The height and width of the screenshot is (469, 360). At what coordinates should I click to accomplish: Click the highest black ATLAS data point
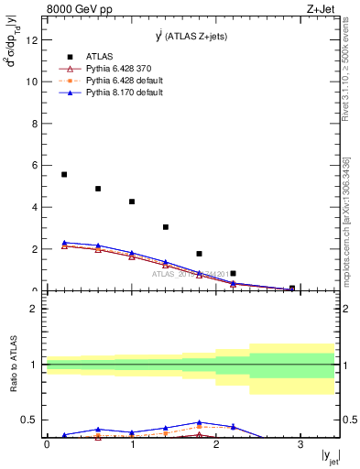(x=64, y=174)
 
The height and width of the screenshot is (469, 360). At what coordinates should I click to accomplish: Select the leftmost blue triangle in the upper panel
(x=64, y=243)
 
